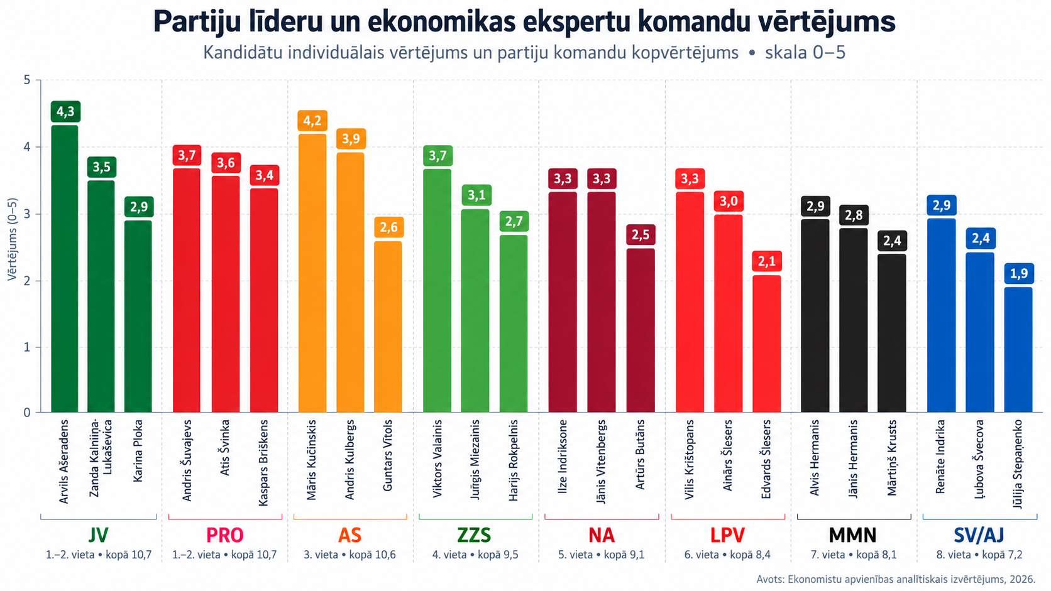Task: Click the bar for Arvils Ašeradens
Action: coord(65,269)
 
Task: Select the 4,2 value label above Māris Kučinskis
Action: coord(312,121)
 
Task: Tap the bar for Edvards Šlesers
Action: coord(767,344)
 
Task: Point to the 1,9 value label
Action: coord(1018,274)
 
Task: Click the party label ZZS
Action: coord(474,534)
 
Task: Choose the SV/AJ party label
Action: coord(979,534)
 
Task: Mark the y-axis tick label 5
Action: coord(27,80)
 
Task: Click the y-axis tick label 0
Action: coord(27,413)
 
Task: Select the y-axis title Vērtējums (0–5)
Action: coord(12,239)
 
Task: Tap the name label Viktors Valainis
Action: coord(437,458)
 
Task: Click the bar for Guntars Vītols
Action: coord(388,327)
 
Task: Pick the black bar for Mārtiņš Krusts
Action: coord(891,333)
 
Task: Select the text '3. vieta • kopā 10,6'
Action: coord(349,555)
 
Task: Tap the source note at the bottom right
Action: coord(896,579)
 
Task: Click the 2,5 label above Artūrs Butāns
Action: coord(641,235)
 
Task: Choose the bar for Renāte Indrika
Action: coord(941,315)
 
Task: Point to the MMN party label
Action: coord(852,534)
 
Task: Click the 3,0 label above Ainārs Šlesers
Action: coord(729,201)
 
